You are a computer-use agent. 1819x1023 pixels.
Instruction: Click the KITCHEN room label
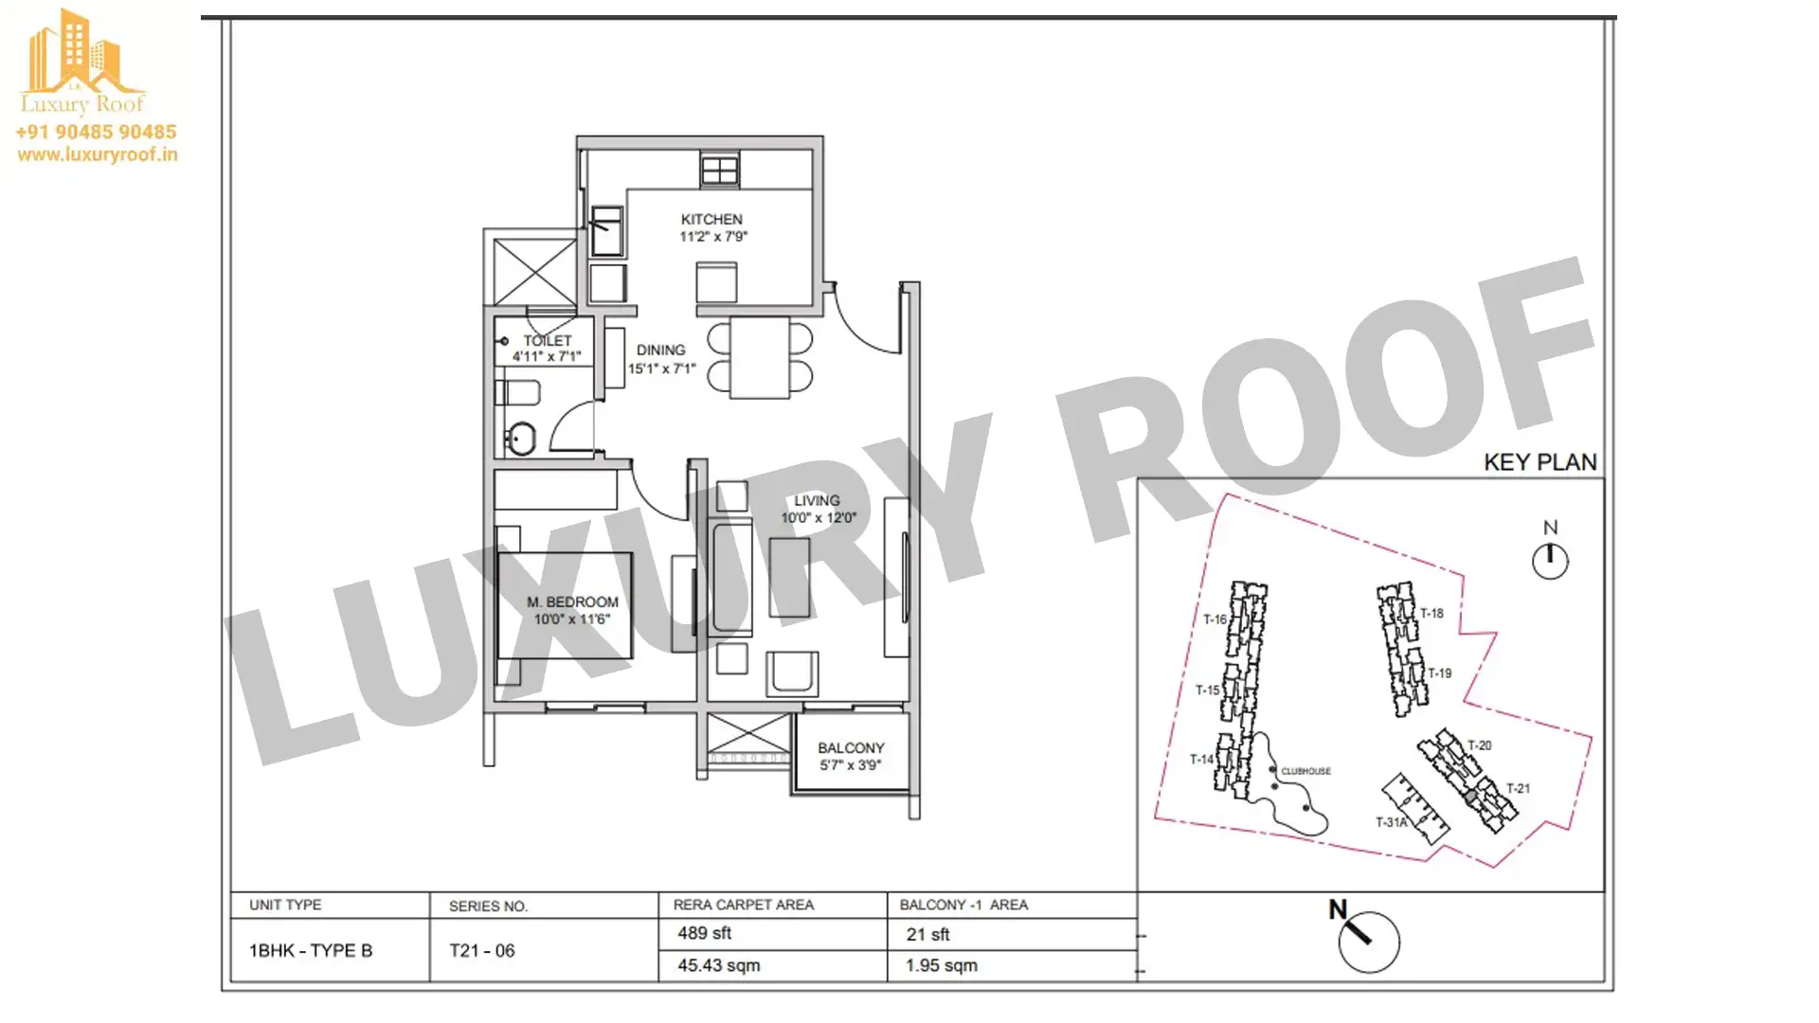click(x=711, y=219)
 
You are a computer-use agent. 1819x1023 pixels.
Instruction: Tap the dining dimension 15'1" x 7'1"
click(x=661, y=368)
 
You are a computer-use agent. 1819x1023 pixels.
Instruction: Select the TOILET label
click(x=548, y=340)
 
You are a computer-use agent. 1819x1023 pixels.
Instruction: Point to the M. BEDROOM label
click(x=572, y=601)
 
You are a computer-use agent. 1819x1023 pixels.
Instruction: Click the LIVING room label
click(x=817, y=500)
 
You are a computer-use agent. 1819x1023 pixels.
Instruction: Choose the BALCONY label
click(x=851, y=747)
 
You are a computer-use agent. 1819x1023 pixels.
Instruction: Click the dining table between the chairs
click(x=760, y=357)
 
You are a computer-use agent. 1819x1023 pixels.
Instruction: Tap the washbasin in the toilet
click(x=520, y=438)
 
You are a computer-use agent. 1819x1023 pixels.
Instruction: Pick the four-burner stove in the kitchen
click(x=720, y=170)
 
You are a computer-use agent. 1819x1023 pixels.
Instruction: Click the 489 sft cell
click(x=704, y=933)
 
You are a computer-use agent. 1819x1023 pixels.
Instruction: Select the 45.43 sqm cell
click(x=718, y=965)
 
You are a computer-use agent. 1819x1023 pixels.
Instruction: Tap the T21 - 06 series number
click(x=482, y=950)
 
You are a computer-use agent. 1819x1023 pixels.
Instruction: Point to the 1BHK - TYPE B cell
click(x=311, y=950)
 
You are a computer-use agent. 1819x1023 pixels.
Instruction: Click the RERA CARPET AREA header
click(x=744, y=905)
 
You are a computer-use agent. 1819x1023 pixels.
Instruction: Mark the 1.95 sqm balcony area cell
click(x=942, y=965)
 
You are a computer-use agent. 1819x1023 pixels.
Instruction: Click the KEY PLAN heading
click(x=1540, y=462)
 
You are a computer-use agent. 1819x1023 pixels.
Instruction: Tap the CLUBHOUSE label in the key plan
click(x=1306, y=771)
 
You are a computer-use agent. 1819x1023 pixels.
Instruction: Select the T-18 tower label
click(x=1432, y=613)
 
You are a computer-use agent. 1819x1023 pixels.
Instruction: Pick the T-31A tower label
click(x=1392, y=822)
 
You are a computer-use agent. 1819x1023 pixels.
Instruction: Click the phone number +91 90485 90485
click(x=96, y=132)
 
